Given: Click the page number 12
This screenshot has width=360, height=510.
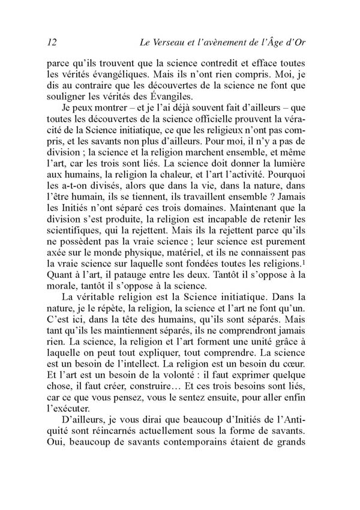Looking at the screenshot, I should [50, 41].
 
